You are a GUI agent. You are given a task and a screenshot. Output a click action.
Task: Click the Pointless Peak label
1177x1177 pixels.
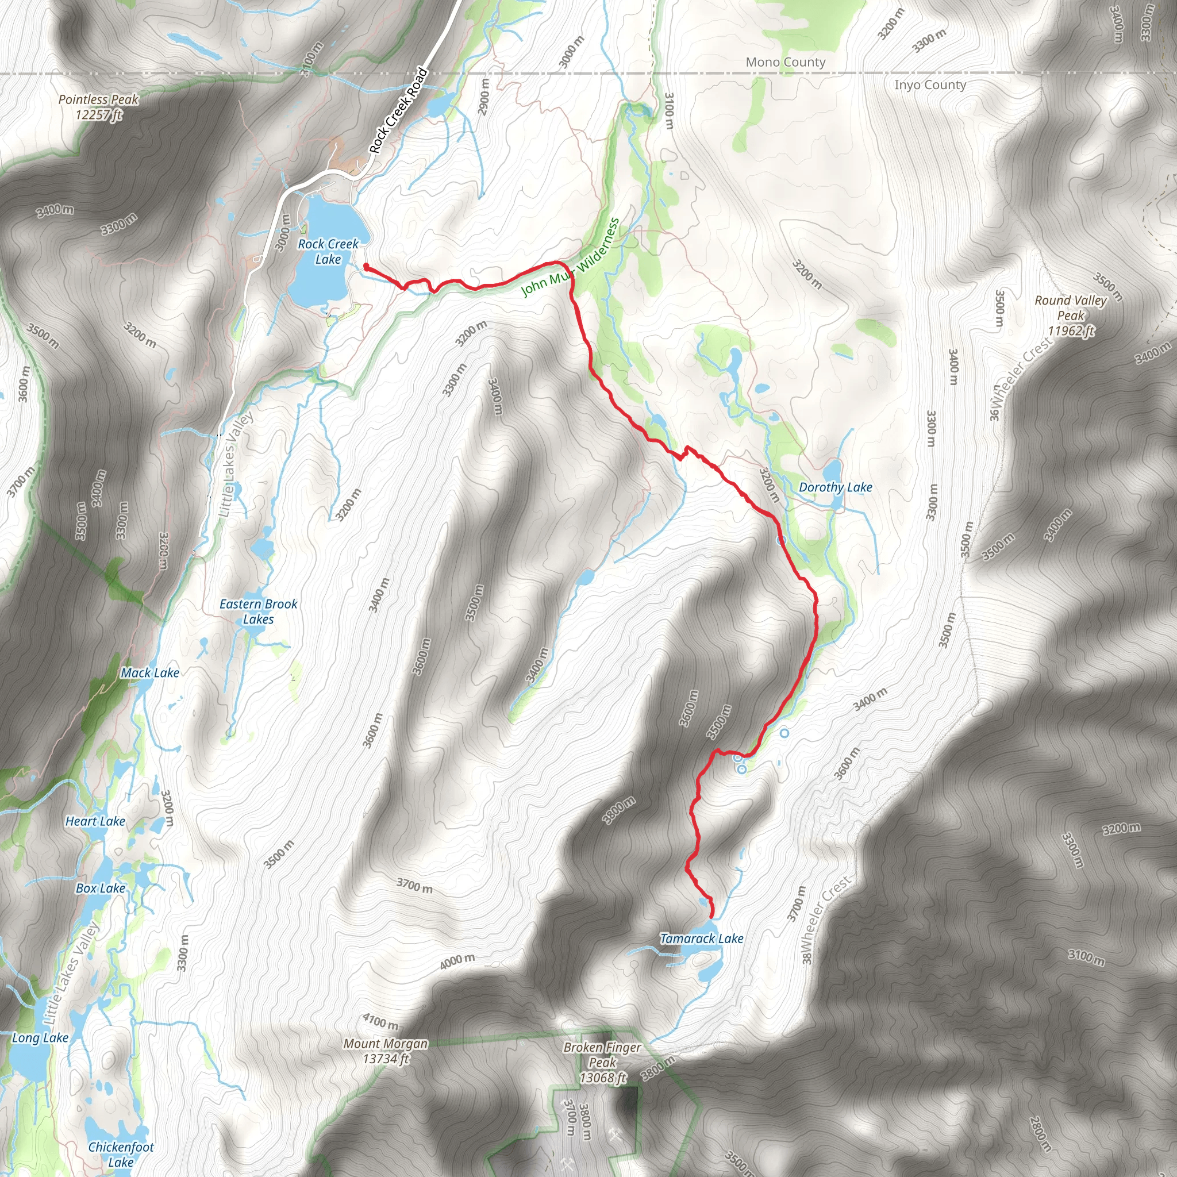point(98,107)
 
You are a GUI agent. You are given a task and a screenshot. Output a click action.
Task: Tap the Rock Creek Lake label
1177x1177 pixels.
point(328,252)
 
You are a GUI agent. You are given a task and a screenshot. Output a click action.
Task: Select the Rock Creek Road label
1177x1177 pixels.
point(398,110)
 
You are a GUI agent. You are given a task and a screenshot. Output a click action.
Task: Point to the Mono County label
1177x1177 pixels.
point(785,62)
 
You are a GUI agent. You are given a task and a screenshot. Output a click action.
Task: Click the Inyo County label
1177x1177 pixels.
point(930,84)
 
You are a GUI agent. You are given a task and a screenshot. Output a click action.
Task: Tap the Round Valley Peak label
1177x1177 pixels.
point(1070,316)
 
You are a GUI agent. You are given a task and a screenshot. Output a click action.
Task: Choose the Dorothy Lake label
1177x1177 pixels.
point(834,487)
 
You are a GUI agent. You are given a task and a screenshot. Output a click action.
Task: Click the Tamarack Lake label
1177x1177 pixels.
point(701,939)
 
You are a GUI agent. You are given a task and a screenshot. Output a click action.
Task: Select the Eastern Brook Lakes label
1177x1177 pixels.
point(258,611)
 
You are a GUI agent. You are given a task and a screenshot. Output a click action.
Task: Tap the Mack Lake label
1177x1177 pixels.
point(150,673)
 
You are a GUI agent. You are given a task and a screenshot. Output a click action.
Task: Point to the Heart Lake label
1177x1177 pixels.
point(95,821)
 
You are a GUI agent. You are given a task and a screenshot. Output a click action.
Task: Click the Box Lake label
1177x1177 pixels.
point(101,888)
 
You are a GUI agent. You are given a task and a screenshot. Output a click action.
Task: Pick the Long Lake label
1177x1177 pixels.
point(40,1037)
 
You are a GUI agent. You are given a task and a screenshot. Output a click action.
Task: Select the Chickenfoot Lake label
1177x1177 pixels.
point(121,1155)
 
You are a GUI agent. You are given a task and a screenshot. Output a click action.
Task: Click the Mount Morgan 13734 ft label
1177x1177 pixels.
point(386,1051)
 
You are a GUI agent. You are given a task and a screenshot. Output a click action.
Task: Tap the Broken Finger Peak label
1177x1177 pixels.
point(602,1063)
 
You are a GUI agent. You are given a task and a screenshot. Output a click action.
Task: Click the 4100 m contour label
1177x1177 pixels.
point(380,1021)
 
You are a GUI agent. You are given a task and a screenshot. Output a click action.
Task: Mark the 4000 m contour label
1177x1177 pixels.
point(457,961)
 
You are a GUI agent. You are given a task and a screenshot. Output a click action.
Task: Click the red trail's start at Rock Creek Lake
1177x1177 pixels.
point(366,266)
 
